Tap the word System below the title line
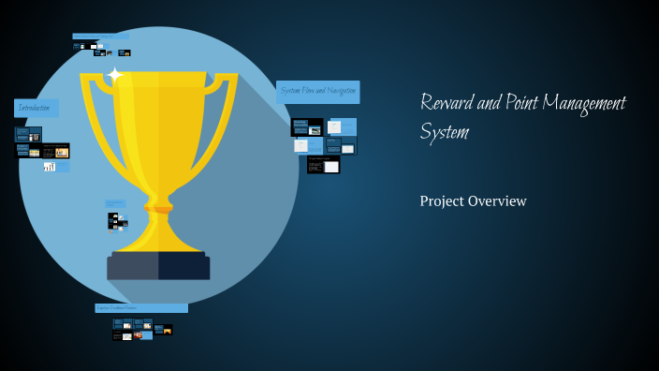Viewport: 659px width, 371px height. coord(444,133)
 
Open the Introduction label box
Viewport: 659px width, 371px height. coord(37,109)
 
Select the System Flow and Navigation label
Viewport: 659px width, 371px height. coord(318,92)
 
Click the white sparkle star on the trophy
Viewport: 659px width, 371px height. coord(115,75)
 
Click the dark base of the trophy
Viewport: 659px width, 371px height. coord(158,265)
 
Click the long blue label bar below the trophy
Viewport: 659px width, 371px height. coord(141,307)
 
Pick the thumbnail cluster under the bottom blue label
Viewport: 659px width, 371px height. coord(141,329)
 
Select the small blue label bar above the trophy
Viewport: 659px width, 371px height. coord(101,37)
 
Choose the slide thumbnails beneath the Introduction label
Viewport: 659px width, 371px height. coord(42,148)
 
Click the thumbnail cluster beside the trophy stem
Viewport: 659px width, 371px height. coord(116,216)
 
